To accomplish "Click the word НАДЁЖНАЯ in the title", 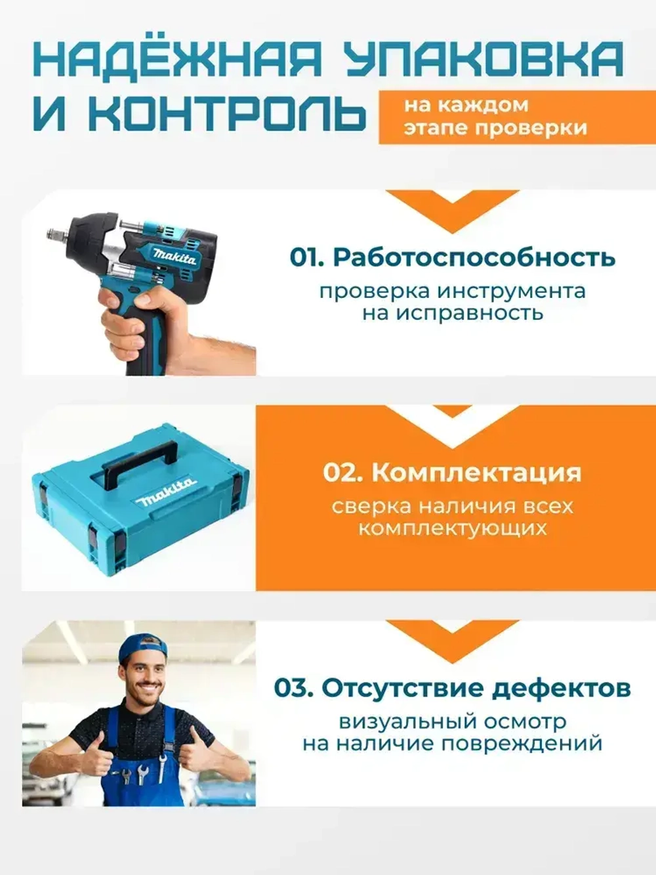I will click(177, 59).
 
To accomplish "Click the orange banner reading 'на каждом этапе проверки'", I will click(516, 116).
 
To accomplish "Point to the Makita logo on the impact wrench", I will click(174, 256).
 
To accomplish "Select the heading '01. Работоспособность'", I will click(452, 257).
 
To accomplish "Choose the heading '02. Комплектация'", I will click(452, 473).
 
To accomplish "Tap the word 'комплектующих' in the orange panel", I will click(452, 528).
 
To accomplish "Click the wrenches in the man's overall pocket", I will click(143, 775).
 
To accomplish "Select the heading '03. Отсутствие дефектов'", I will click(452, 689).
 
